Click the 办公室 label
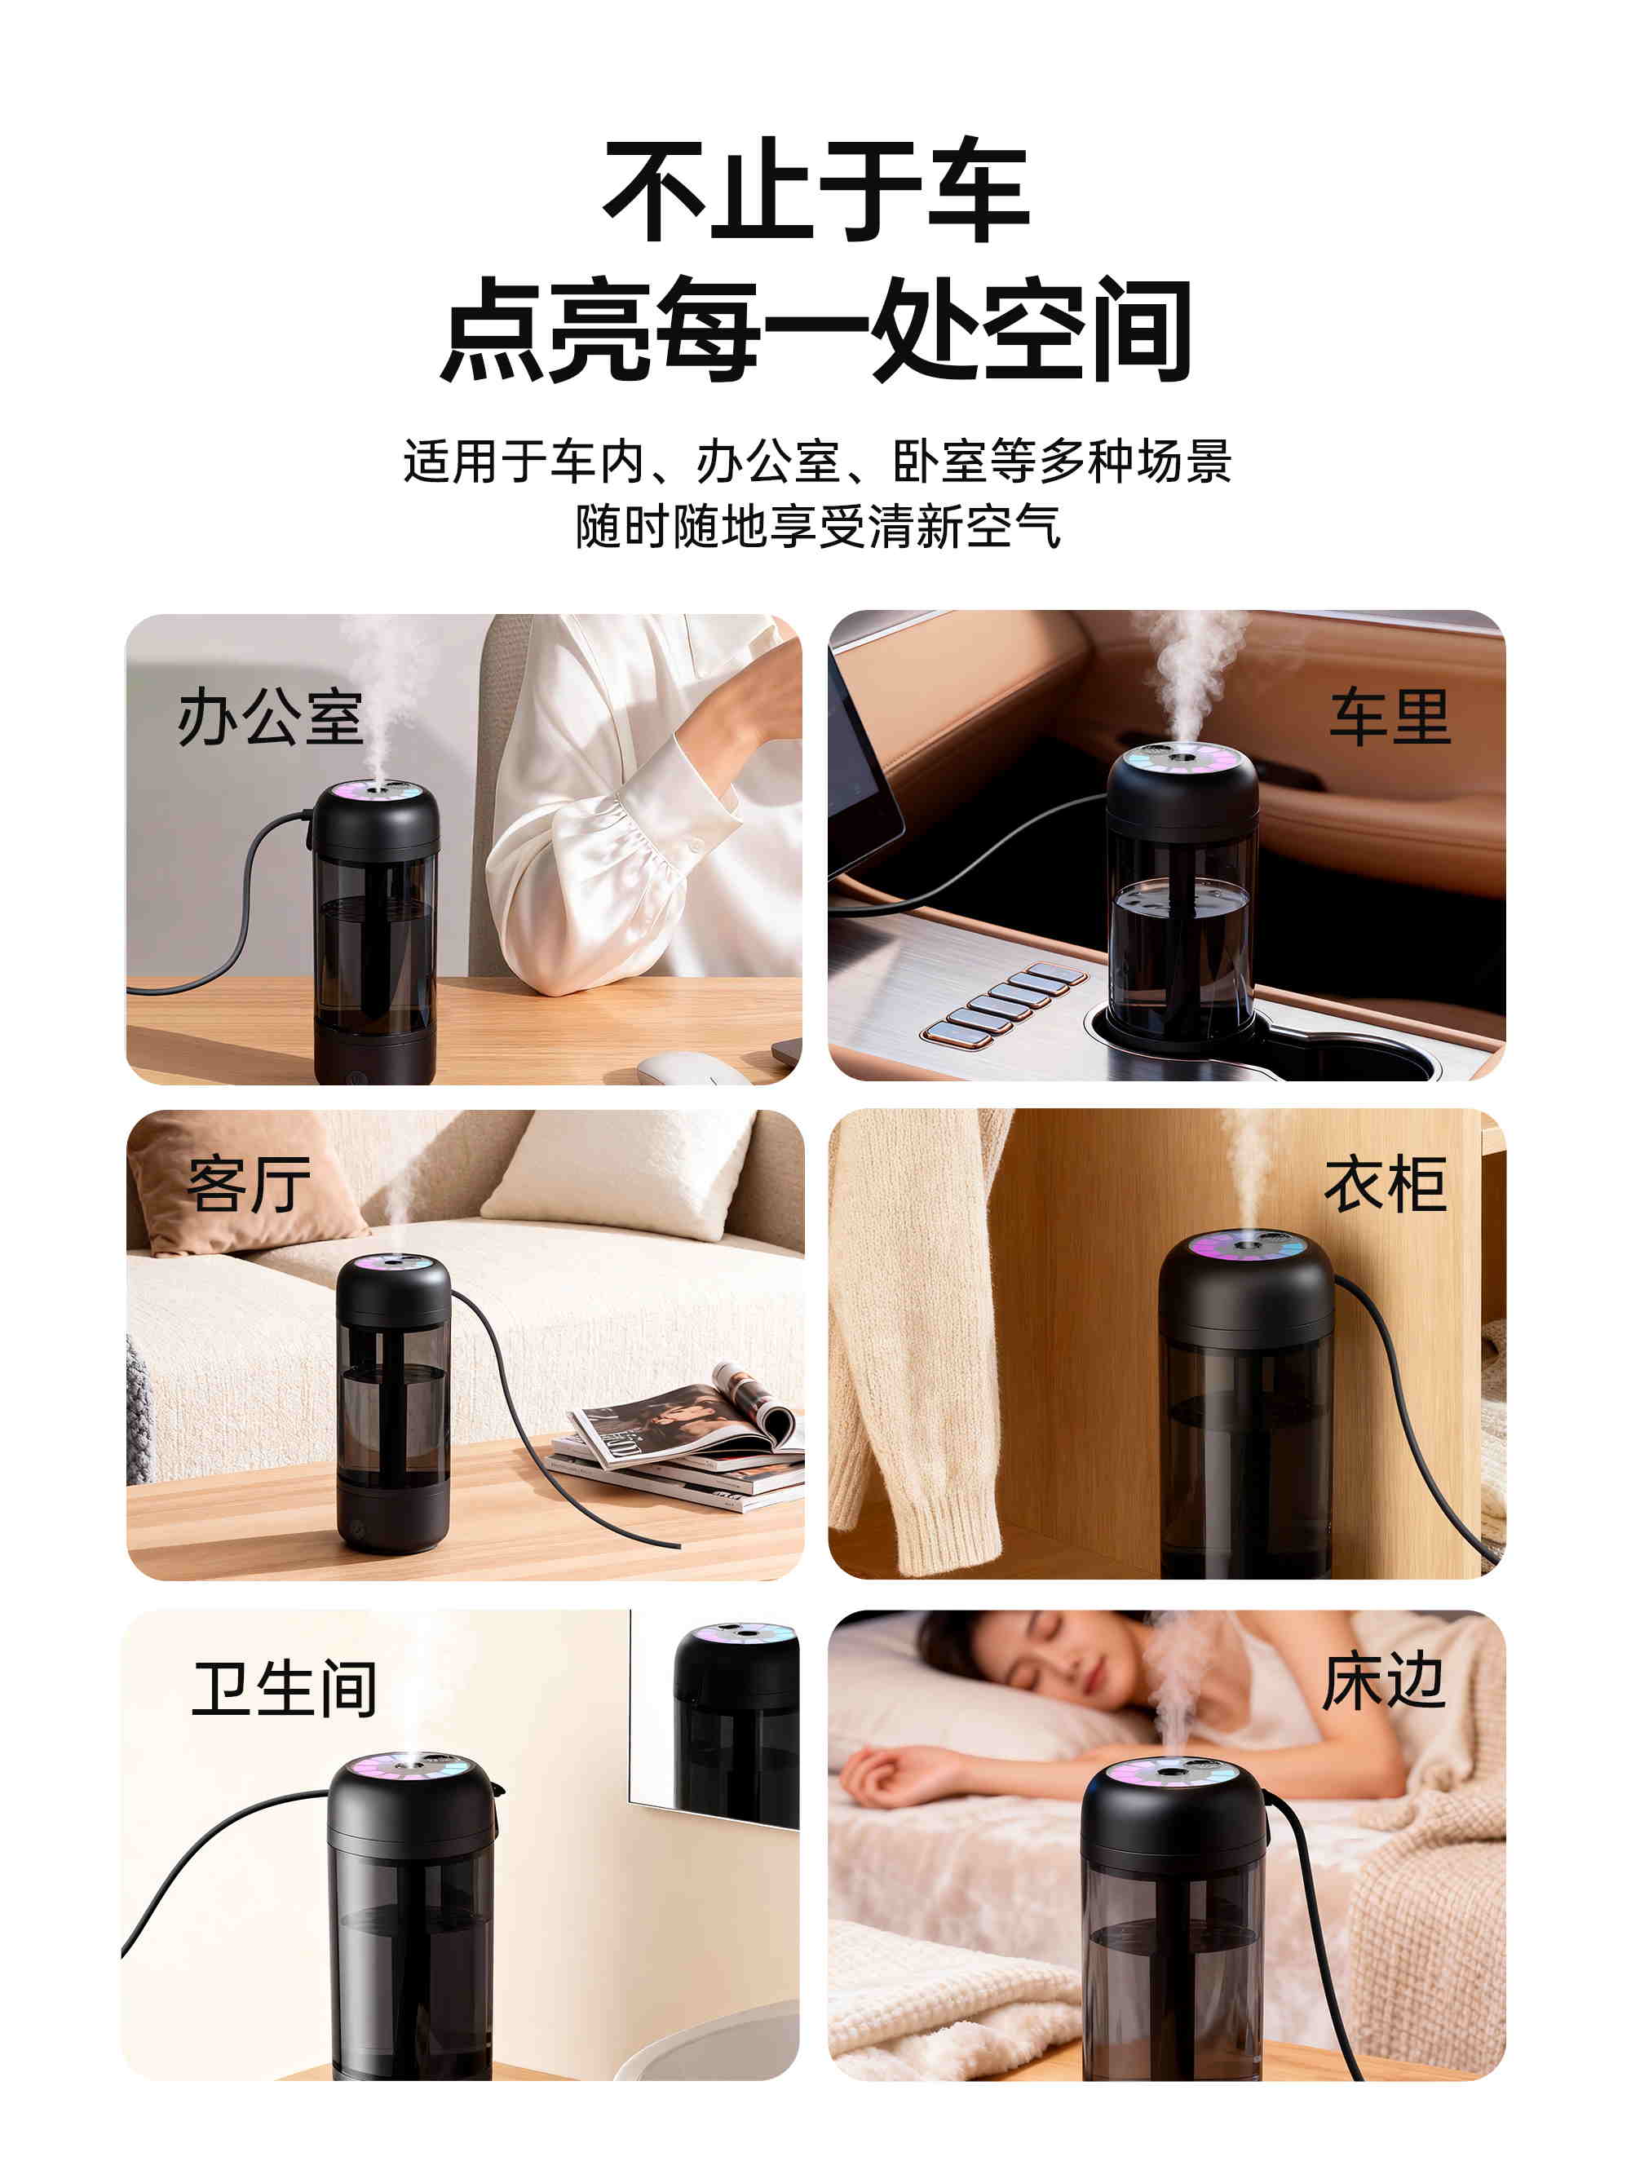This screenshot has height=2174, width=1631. click(271, 717)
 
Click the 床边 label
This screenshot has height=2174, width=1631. click(1383, 1681)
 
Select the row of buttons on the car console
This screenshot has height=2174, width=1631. click(1003, 1005)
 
